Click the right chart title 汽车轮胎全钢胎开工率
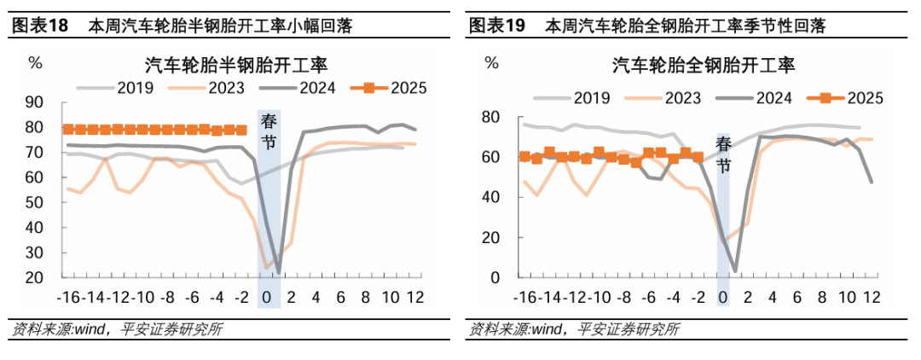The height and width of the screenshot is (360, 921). point(702,65)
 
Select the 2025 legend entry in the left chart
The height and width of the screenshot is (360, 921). point(398,86)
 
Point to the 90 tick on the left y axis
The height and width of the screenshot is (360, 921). point(35,102)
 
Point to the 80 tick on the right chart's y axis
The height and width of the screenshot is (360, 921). point(490,117)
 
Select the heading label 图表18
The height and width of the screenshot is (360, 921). point(40,26)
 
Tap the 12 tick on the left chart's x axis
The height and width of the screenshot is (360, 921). point(415,298)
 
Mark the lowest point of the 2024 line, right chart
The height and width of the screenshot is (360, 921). point(735,270)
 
